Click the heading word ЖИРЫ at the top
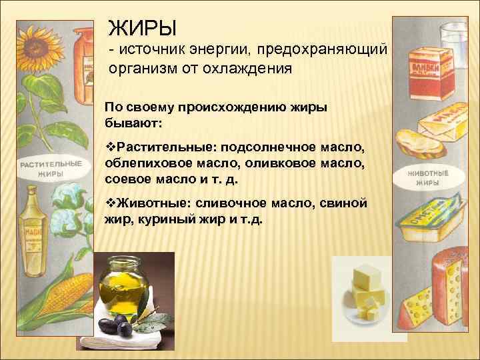(143, 29)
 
